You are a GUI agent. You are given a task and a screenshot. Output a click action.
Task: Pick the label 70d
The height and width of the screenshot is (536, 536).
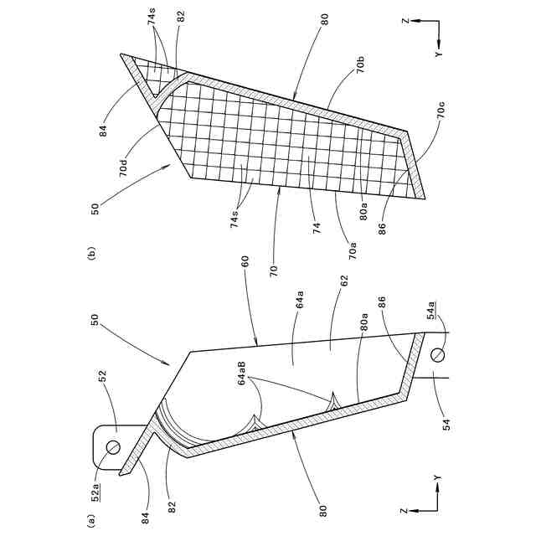click(x=124, y=167)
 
